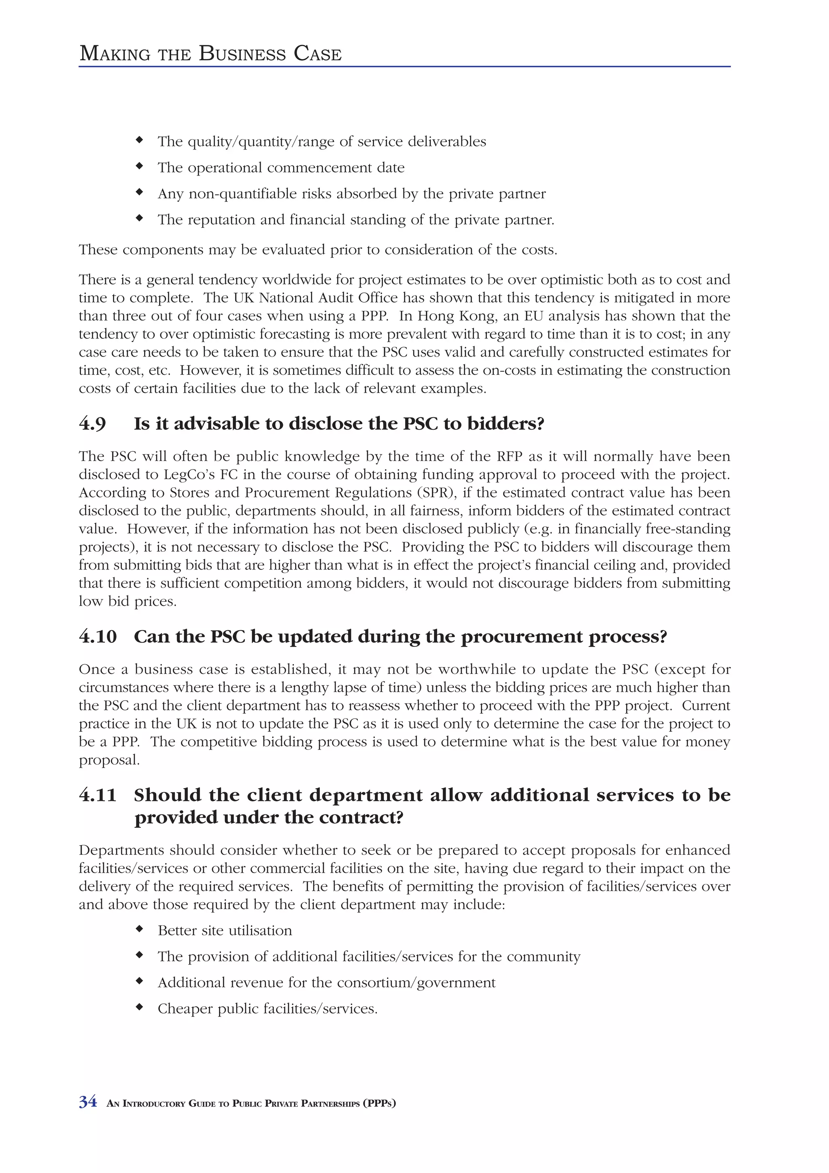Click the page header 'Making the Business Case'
click(x=210, y=54)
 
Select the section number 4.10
click(x=98, y=637)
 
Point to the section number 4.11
click(x=98, y=795)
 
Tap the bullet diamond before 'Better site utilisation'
click(x=138, y=929)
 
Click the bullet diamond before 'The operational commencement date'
click(x=138, y=166)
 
